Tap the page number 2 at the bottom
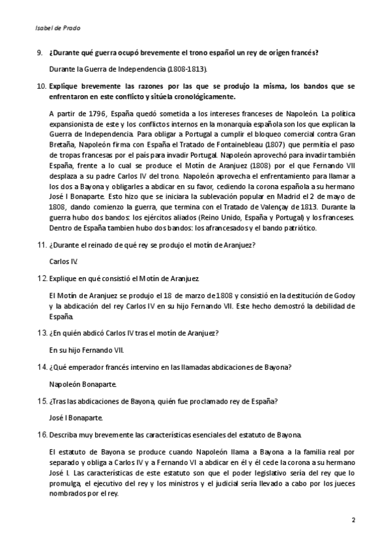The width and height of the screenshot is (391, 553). (x=353, y=520)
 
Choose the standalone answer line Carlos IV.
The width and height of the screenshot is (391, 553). (x=64, y=261)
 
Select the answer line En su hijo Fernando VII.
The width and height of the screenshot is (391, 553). (x=87, y=349)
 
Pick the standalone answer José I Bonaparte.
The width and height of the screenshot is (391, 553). (x=76, y=419)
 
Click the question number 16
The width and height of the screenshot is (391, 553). (x=40, y=435)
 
